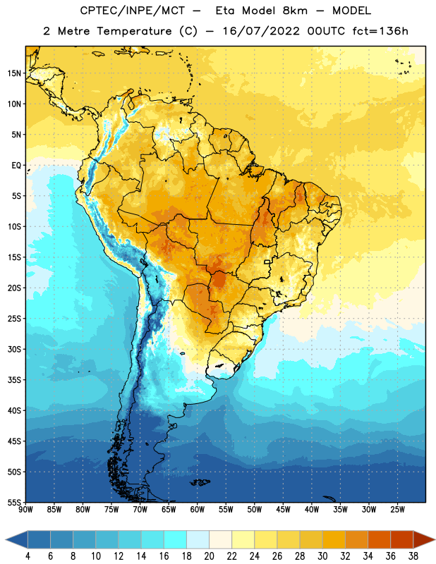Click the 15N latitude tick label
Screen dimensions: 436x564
coord(14,73)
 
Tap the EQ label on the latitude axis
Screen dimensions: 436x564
coord(16,166)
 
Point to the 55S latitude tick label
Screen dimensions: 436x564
coord(14,502)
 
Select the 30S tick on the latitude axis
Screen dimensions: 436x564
coord(14,349)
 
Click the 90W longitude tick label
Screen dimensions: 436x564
coord(25,510)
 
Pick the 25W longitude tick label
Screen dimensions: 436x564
coord(397,510)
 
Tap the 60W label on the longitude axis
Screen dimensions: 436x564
coord(198,510)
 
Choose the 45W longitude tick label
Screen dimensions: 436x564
coord(283,510)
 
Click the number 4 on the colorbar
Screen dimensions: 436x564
coord(28,556)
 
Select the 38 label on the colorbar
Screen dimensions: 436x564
coord(413,556)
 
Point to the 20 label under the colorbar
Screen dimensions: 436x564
coord(209,556)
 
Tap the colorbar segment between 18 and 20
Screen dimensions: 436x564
coord(198,540)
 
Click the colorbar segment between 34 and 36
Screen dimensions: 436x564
coord(380,540)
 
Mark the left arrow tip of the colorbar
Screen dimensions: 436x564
coord(6,540)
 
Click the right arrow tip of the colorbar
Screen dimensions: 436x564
coord(435,540)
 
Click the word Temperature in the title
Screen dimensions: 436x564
coord(134,31)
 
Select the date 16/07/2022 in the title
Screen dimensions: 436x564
coord(261,31)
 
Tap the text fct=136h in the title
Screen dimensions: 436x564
coord(380,31)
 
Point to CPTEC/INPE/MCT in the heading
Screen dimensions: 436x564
coord(132,11)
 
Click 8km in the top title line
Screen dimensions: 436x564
coord(295,11)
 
